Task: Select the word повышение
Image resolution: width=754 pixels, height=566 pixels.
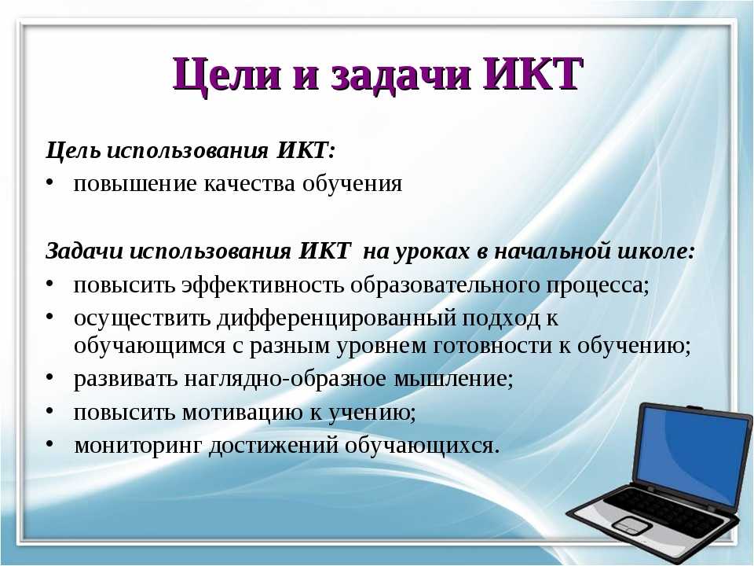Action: click(135, 184)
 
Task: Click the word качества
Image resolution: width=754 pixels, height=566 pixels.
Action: click(249, 184)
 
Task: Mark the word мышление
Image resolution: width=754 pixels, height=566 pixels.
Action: click(450, 379)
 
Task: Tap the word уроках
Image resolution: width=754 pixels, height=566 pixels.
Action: click(431, 252)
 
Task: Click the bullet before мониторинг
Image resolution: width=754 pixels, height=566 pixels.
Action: click(49, 443)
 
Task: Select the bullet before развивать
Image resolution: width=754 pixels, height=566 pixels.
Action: click(49, 377)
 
